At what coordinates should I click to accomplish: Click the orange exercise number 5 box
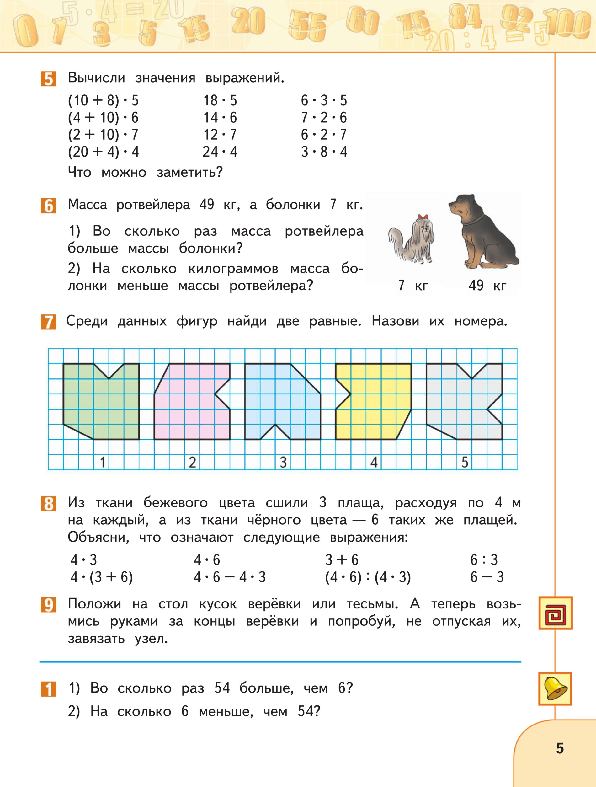(48, 79)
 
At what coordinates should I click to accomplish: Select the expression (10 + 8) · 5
(103, 101)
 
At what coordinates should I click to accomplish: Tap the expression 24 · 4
(220, 152)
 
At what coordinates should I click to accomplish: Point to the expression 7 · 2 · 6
(324, 118)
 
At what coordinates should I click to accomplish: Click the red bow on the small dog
(423, 216)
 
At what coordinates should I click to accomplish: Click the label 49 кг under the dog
(487, 286)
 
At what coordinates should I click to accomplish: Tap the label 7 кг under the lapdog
(413, 286)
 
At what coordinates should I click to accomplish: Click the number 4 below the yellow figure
(374, 463)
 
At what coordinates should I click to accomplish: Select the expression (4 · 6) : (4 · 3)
(368, 577)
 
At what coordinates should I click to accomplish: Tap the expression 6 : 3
(484, 560)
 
